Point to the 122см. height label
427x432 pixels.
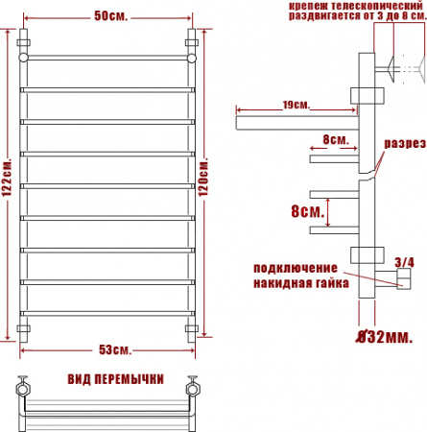(8, 181)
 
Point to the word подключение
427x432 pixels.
(296, 267)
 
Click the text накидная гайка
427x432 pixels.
(296, 284)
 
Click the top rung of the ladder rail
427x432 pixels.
(108, 59)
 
